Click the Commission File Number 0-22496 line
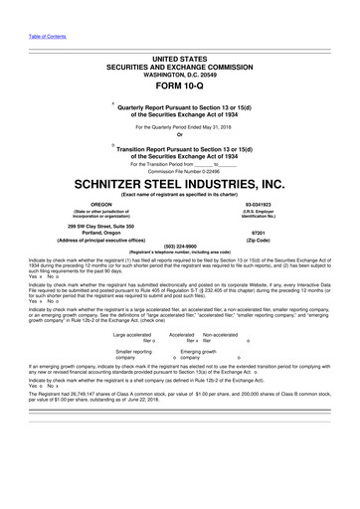tap(179, 171)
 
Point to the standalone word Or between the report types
tap(179, 136)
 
